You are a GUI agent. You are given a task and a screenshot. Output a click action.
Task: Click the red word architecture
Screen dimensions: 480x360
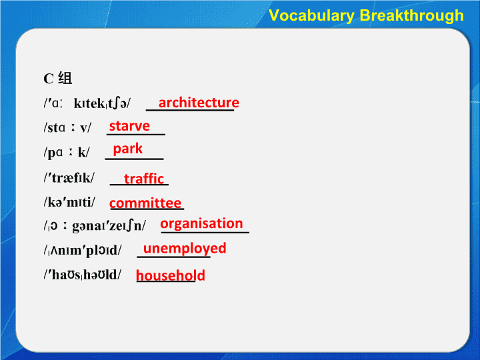199,103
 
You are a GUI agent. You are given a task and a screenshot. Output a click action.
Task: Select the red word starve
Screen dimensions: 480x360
129,126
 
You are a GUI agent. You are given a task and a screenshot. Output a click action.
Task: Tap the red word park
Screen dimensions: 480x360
127,149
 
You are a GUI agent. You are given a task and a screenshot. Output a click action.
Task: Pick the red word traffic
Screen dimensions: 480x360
144,179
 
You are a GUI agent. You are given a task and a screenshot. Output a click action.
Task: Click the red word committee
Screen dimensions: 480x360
145,203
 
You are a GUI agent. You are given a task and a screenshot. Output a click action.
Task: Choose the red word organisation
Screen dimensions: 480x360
201,224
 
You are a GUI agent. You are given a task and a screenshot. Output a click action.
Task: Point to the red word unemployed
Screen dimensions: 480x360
185,249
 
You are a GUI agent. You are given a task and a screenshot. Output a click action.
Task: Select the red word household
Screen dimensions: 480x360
171,275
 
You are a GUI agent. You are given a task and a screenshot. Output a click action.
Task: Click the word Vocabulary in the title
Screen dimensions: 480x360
311,15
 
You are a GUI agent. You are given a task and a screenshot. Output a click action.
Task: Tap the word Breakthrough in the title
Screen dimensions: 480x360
412,15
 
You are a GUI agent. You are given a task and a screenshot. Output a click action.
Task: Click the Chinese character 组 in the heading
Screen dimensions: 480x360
65,78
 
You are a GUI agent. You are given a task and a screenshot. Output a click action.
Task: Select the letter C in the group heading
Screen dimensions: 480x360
49,79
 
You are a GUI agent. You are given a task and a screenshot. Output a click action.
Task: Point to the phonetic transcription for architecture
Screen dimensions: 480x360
87,103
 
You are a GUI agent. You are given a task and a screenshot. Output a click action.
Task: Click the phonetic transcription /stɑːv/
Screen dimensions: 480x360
67,127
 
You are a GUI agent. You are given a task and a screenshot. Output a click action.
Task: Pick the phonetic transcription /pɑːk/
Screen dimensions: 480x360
67,152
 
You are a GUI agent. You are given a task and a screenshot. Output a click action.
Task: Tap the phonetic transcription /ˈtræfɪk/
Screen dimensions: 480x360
69,177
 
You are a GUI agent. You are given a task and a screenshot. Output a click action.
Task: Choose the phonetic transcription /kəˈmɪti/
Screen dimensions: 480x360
69,202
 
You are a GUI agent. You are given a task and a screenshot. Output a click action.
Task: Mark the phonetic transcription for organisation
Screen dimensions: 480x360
95,226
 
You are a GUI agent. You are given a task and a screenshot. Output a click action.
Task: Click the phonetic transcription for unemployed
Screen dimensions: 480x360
83,250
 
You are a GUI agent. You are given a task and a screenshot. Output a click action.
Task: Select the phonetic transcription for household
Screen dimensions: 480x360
83,274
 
